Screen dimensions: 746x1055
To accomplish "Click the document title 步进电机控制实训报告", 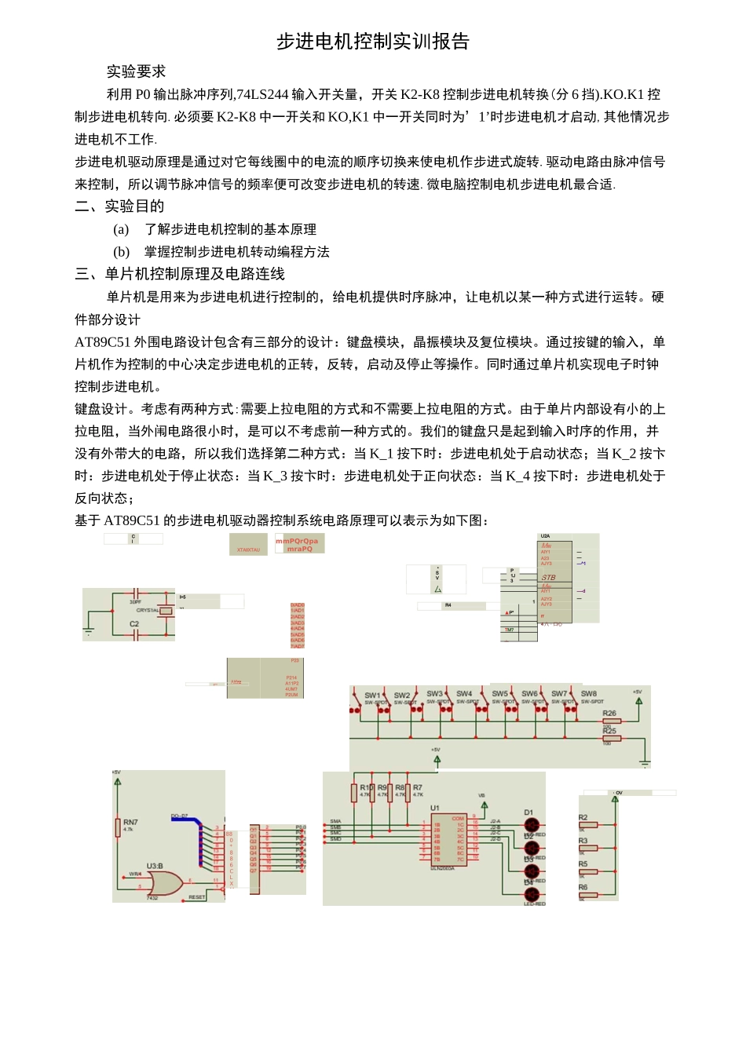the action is coord(372,42).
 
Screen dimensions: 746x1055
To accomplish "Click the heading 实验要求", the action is coord(136,71).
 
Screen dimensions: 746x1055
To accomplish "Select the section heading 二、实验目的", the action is coord(119,206).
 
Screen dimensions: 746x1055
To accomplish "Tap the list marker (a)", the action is coord(121,229).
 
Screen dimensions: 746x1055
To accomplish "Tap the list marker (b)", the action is coord(121,252).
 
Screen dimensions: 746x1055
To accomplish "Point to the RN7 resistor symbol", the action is coord(118,827).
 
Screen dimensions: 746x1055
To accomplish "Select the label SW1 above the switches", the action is coord(372,695).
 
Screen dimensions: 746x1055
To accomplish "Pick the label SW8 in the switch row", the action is coord(588,694).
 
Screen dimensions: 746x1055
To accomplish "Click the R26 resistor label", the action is coord(609,714).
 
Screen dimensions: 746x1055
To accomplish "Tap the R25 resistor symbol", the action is coord(611,738).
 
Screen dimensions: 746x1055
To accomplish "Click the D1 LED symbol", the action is coord(532,825).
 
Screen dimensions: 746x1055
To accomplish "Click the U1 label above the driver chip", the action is coord(435,808).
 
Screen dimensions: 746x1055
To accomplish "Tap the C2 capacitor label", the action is coord(134,624).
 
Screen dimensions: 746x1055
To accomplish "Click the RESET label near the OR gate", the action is coord(196,897).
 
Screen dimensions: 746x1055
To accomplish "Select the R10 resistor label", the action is coord(366,787).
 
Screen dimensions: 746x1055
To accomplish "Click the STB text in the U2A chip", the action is coord(548,578).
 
